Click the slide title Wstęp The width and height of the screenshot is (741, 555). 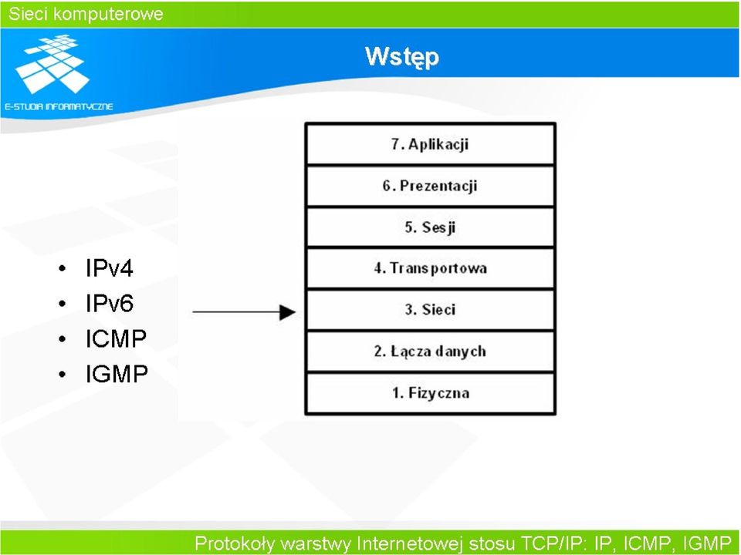(x=402, y=57)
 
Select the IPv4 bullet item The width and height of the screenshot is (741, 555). (x=109, y=268)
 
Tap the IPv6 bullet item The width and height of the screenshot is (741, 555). (x=109, y=303)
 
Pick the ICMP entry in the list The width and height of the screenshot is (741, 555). (x=117, y=338)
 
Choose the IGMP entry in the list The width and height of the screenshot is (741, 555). (x=117, y=374)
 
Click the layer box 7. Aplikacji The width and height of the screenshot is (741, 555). (x=430, y=144)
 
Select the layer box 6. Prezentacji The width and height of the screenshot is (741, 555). (x=430, y=186)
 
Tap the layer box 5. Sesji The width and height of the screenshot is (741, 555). (x=430, y=227)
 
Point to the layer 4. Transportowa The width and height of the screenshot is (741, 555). (x=430, y=268)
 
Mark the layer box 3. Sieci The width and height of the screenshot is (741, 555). (x=430, y=310)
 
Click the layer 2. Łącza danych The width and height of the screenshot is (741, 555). (x=430, y=351)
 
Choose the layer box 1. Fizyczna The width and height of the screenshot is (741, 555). (x=430, y=392)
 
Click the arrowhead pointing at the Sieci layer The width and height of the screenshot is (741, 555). (x=287, y=312)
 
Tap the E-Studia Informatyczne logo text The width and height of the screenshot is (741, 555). (x=59, y=106)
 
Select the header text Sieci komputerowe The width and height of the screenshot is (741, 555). (x=86, y=14)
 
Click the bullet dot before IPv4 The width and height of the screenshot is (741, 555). (x=63, y=268)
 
